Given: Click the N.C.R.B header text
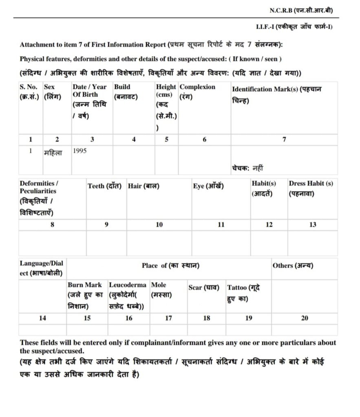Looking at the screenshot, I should [301, 10].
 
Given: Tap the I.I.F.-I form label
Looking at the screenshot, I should [294, 27].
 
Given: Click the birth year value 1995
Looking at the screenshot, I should [80, 151].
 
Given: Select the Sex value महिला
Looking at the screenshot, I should [53, 153].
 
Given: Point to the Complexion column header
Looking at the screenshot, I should [197, 87].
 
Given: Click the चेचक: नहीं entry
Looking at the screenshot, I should [247, 167].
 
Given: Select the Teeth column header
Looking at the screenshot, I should [104, 186].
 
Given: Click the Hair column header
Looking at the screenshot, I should [144, 186].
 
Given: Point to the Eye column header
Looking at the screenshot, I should [208, 186].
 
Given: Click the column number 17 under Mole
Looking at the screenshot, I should [168, 318].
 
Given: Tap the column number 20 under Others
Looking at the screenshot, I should [304, 318].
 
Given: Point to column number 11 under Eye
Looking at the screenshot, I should [221, 225].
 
